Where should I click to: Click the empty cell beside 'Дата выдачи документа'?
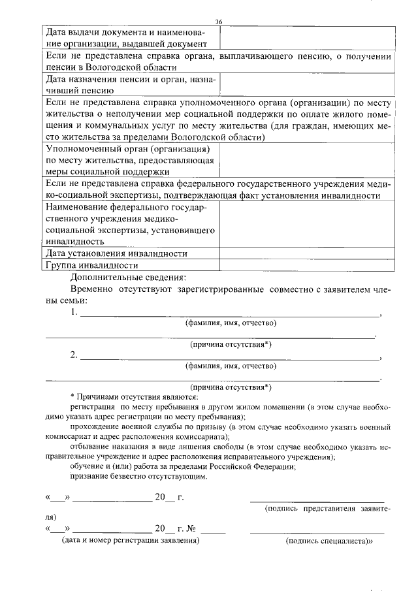point(306,38)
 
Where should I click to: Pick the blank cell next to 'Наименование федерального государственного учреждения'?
point(306,224)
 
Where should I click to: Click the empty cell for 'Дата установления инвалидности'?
point(306,253)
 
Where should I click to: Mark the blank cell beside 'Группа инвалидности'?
point(306,266)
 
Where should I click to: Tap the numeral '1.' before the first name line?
point(74,313)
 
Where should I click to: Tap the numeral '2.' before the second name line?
point(74,356)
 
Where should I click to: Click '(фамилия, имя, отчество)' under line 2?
point(231,366)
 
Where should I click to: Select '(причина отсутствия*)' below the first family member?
point(231,344)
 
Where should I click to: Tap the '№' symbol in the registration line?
point(193,529)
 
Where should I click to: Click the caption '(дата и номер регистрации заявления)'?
point(131,541)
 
